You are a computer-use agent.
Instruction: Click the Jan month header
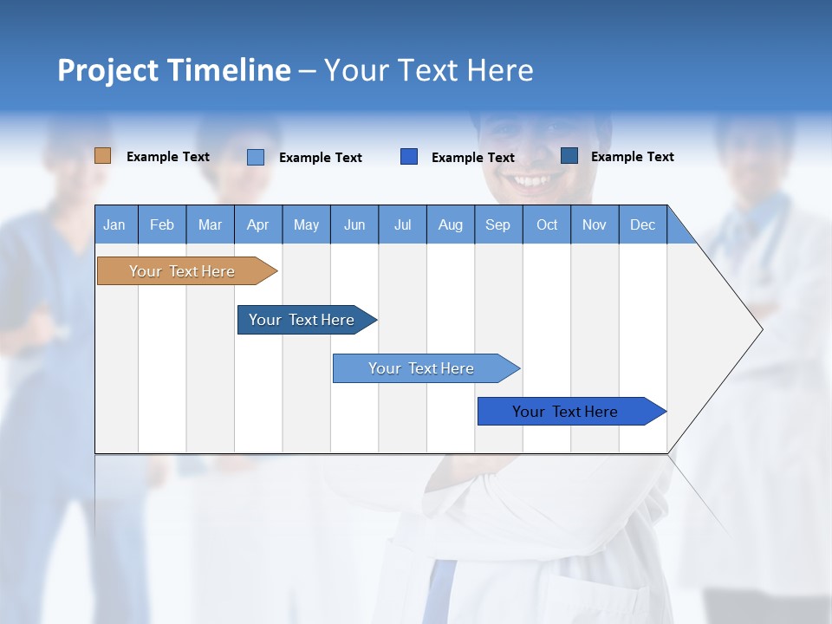(x=115, y=224)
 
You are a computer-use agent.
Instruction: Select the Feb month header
(x=162, y=224)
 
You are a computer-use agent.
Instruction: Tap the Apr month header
(x=258, y=224)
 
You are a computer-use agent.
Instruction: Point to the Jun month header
(x=354, y=224)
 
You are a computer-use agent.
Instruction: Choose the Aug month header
(x=451, y=224)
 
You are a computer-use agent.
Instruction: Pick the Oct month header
(x=547, y=224)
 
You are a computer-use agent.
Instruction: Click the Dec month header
(x=643, y=224)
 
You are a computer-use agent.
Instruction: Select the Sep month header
(x=498, y=224)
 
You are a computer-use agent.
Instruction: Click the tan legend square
(x=103, y=156)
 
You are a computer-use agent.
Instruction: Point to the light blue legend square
(x=256, y=157)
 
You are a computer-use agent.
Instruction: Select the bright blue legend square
(x=409, y=157)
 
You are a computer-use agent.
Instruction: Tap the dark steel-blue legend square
(x=569, y=156)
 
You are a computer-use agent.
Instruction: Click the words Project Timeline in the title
(x=174, y=70)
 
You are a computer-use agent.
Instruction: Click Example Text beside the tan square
(x=168, y=157)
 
